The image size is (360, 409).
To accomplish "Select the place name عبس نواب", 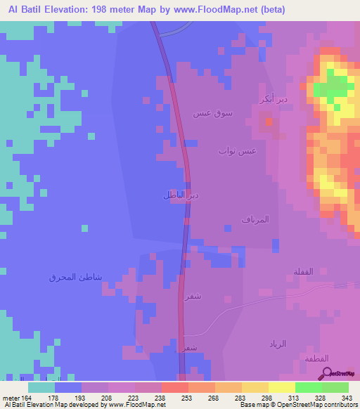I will point(237,150).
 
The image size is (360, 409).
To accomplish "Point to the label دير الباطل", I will point(173,194).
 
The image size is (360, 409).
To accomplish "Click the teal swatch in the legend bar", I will point(41,387).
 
